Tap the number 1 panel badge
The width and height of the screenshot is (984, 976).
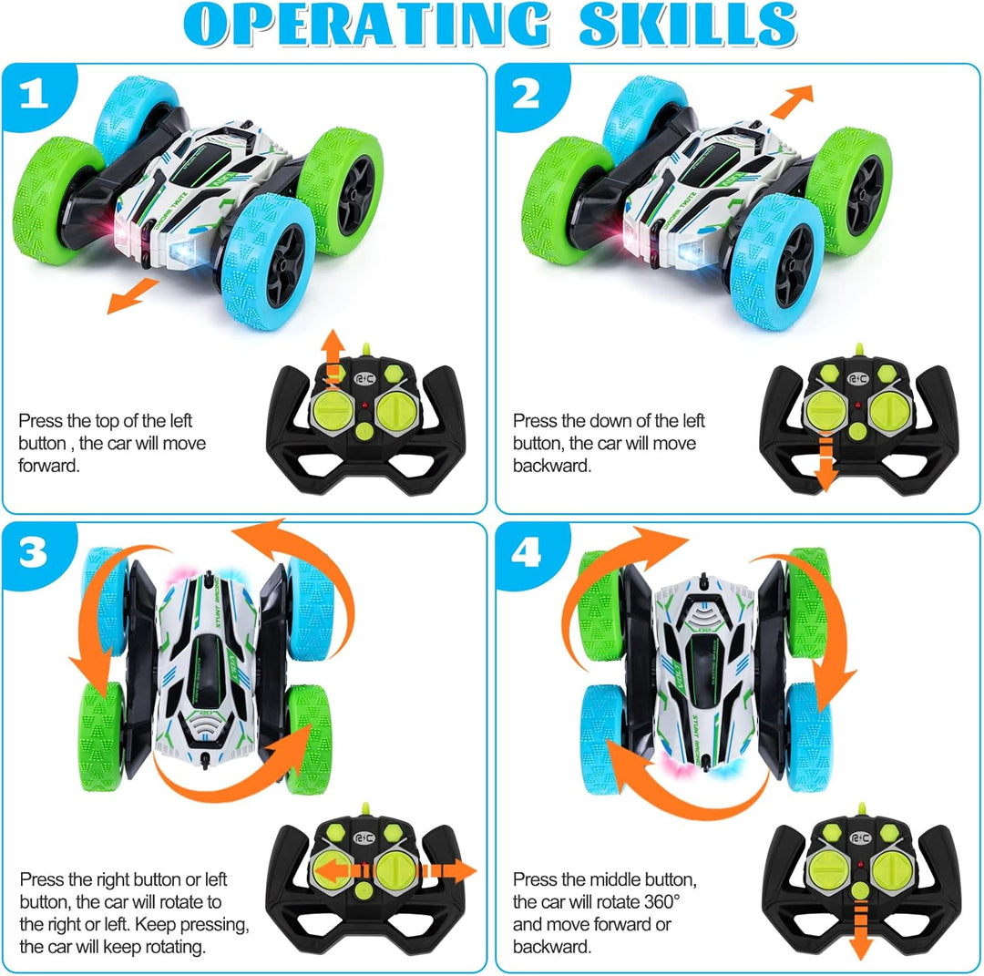(x=34, y=95)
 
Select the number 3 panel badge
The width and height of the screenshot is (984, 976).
(x=34, y=553)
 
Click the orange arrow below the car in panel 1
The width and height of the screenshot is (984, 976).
(x=132, y=295)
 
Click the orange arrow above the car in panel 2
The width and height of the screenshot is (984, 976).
(x=792, y=101)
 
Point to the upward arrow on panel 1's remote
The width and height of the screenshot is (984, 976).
(x=333, y=360)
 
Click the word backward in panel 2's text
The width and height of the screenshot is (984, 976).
(x=551, y=466)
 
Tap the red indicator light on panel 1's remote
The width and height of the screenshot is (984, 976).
(x=364, y=405)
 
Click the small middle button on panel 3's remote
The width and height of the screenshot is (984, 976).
(x=364, y=889)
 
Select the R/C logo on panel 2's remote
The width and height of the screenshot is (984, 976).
(x=858, y=378)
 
